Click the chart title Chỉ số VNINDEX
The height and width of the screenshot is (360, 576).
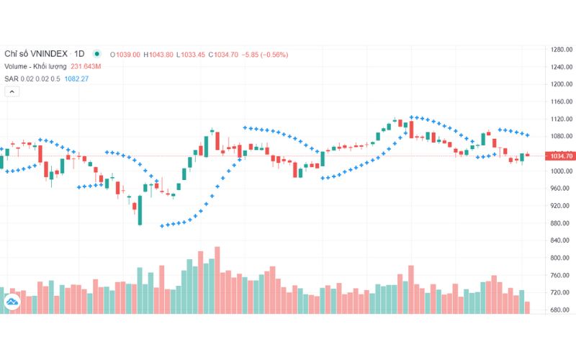tap(37, 54)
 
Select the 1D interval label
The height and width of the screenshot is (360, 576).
tap(79, 54)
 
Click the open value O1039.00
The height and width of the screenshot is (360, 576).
tap(125, 54)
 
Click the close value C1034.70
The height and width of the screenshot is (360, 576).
tap(224, 54)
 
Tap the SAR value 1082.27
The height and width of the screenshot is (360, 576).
tap(75, 78)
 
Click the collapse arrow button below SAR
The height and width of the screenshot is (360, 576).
tap(12, 91)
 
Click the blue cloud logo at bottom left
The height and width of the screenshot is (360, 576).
tap(12, 303)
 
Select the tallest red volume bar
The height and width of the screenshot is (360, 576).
tap(217, 279)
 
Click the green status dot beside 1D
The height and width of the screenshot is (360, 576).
tap(96, 54)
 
